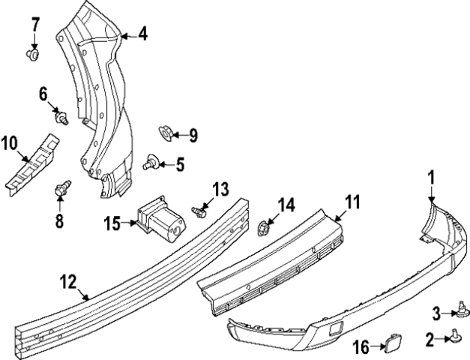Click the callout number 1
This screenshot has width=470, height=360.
[x=431, y=178]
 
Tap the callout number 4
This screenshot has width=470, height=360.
[x=142, y=33]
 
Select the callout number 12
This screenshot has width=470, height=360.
[x=67, y=282]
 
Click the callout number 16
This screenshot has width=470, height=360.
[x=361, y=347]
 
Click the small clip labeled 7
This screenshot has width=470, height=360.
[x=34, y=54]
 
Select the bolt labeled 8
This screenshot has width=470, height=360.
[x=63, y=188]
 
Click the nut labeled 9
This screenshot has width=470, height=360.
[x=166, y=133]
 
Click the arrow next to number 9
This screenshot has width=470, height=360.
[x=177, y=135]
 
